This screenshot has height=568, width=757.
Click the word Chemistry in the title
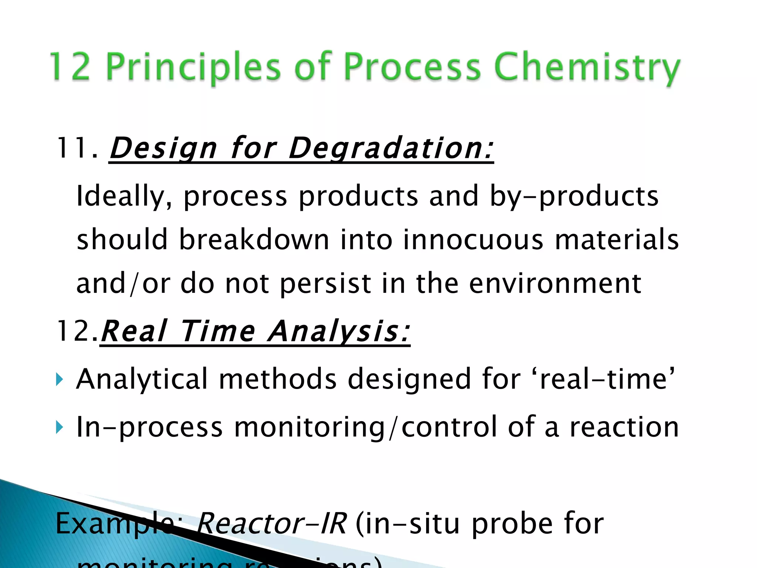pos(587,68)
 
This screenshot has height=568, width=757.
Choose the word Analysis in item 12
pos(339,331)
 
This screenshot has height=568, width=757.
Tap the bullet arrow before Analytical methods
pos(59,379)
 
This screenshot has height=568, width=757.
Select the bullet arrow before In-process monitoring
pos(59,427)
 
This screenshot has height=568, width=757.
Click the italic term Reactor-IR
pos(271,524)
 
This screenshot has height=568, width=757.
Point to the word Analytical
pos(142,379)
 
